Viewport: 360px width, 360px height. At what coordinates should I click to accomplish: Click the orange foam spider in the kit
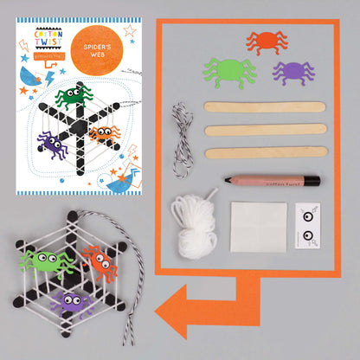tap(266, 41)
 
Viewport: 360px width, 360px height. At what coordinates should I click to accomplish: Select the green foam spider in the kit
tap(229, 71)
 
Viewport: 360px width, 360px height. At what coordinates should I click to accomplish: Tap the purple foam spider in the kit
tap(292, 70)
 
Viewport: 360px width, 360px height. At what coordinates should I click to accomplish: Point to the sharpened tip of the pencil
tap(228, 181)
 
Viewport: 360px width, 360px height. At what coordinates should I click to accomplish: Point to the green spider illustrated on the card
tap(73, 96)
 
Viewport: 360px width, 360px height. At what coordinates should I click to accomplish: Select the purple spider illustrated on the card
tap(55, 144)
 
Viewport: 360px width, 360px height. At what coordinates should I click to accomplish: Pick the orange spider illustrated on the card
tap(104, 133)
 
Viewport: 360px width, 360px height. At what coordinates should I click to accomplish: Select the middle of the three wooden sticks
tap(266, 130)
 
